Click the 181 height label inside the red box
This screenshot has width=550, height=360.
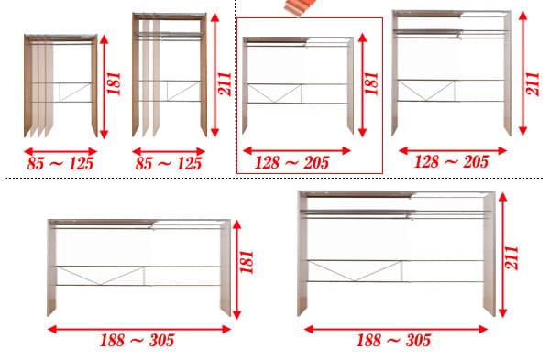[x=371, y=83]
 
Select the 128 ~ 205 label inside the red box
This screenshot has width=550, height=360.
[x=291, y=163]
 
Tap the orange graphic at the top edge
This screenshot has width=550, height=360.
[x=301, y=7]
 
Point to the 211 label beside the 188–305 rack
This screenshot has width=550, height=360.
[x=511, y=257]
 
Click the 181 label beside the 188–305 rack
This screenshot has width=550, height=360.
[x=247, y=262]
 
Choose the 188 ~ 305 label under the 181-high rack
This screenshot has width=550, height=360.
[x=137, y=340]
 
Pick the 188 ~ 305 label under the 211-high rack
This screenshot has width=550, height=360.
[x=394, y=340]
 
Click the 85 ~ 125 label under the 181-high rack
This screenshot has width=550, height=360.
[x=60, y=163]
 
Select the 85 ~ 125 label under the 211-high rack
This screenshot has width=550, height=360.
[x=169, y=163]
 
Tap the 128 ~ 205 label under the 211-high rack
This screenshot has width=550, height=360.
[x=451, y=162]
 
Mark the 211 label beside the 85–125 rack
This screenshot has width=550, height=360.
[x=225, y=83]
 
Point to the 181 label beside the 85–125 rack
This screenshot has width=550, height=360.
[x=114, y=83]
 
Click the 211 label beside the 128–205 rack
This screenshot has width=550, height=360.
[x=533, y=83]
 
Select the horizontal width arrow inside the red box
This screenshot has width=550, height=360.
[x=297, y=151]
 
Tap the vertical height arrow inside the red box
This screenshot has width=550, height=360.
[x=363, y=85]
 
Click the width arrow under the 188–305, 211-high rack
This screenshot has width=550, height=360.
[x=396, y=329]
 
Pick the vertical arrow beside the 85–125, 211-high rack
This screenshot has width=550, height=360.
[x=215, y=75]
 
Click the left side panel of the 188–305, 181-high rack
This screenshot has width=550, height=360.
[x=51, y=268]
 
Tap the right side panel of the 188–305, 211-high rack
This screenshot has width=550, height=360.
[x=489, y=255]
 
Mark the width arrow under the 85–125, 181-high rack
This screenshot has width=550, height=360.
[x=60, y=152]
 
